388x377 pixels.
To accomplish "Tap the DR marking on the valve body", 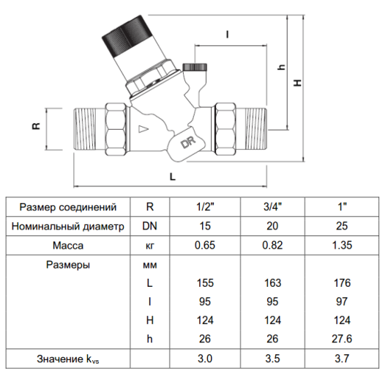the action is (189, 142).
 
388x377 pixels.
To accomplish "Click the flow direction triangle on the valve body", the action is (143, 129).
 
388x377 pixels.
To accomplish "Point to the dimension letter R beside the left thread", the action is (36, 126).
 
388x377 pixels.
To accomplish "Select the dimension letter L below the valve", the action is (173, 177).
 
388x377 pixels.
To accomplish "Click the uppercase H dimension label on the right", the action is (298, 83).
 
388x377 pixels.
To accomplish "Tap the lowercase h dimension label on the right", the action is (282, 67).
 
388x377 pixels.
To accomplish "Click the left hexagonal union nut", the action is (116, 129).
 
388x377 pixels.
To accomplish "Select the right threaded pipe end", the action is (255, 129).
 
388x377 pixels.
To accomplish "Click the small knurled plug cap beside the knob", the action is (195, 67).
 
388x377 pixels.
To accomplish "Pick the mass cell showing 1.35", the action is (342, 246).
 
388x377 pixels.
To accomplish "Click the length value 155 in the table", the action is (205, 283).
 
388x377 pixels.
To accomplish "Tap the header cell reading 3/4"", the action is (272, 207).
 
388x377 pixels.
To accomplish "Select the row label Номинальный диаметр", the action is (68, 227).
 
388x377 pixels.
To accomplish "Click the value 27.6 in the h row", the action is (342, 339).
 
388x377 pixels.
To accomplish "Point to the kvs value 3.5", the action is (272, 359).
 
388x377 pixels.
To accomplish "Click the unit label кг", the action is (149, 246).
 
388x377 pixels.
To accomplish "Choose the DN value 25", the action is (342, 226).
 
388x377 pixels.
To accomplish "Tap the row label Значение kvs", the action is (68, 359).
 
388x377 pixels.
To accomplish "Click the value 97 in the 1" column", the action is (342, 301).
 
